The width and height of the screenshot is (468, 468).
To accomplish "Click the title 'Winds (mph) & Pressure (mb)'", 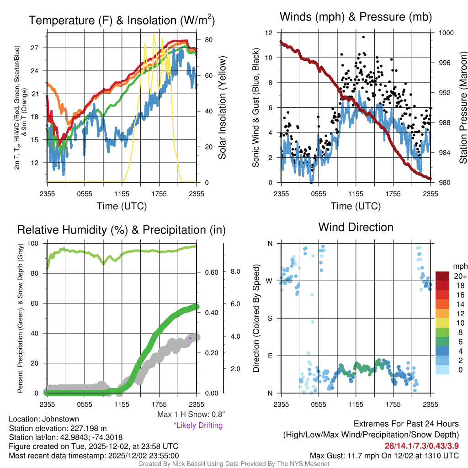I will [356, 17].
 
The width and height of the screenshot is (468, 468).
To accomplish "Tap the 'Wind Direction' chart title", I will [356, 227].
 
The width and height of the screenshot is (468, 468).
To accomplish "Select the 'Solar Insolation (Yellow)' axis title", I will [223, 108].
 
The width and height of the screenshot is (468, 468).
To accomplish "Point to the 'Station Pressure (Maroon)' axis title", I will [463, 108].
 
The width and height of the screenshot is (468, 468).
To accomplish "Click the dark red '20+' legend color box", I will [443, 276].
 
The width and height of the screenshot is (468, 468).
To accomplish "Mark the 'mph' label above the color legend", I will [459, 266].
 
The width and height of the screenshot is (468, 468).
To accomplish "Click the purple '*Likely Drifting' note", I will [198, 425].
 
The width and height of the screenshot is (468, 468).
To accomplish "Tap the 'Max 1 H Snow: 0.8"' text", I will [191, 415].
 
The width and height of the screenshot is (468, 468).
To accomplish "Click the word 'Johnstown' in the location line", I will [59, 419].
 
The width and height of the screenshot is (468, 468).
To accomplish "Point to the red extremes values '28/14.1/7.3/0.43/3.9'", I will [421, 445].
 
